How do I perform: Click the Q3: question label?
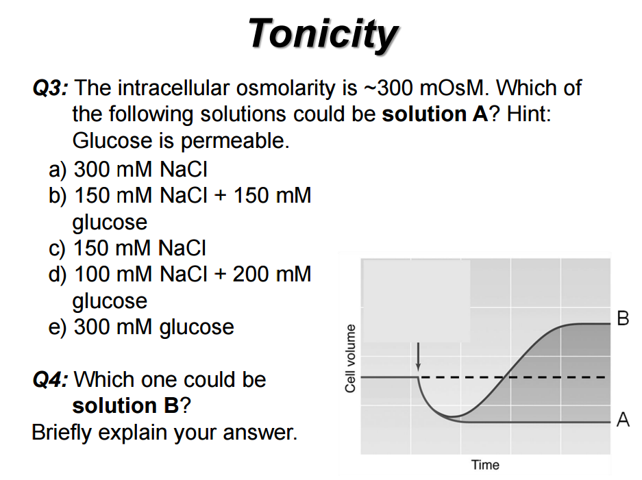tap(50, 88)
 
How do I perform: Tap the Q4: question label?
tap(50, 379)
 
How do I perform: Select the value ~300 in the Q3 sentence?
tap(395, 88)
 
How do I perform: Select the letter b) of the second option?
tap(58, 195)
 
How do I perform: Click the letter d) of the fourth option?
tap(58, 275)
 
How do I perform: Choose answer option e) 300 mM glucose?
tap(141, 327)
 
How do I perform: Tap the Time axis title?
tap(485, 466)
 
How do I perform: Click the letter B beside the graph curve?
tap(622, 318)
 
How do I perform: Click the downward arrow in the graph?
tap(419, 356)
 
